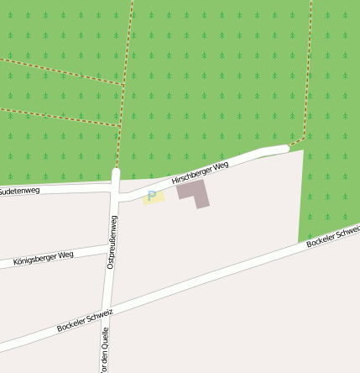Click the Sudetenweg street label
[x=18, y=192]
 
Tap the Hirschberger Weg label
[x=200, y=174]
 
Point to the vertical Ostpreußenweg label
[x=112, y=242]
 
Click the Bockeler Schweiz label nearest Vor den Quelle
[x=85, y=318]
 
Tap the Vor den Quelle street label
[x=105, y=349]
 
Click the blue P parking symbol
[x=152, y=197]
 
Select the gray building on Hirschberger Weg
[x=192, y=189]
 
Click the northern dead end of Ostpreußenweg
[x=116, y=171]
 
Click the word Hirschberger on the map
[x=190, y=177]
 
